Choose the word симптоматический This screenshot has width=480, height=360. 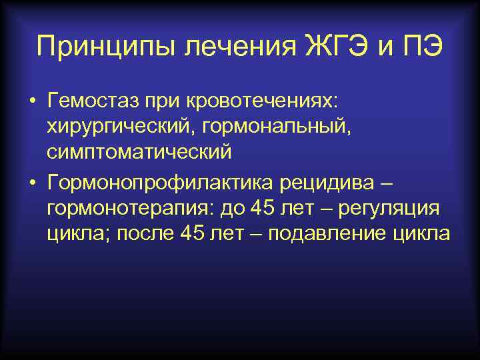pos(139,152)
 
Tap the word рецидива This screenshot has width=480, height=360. pos(317,181)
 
